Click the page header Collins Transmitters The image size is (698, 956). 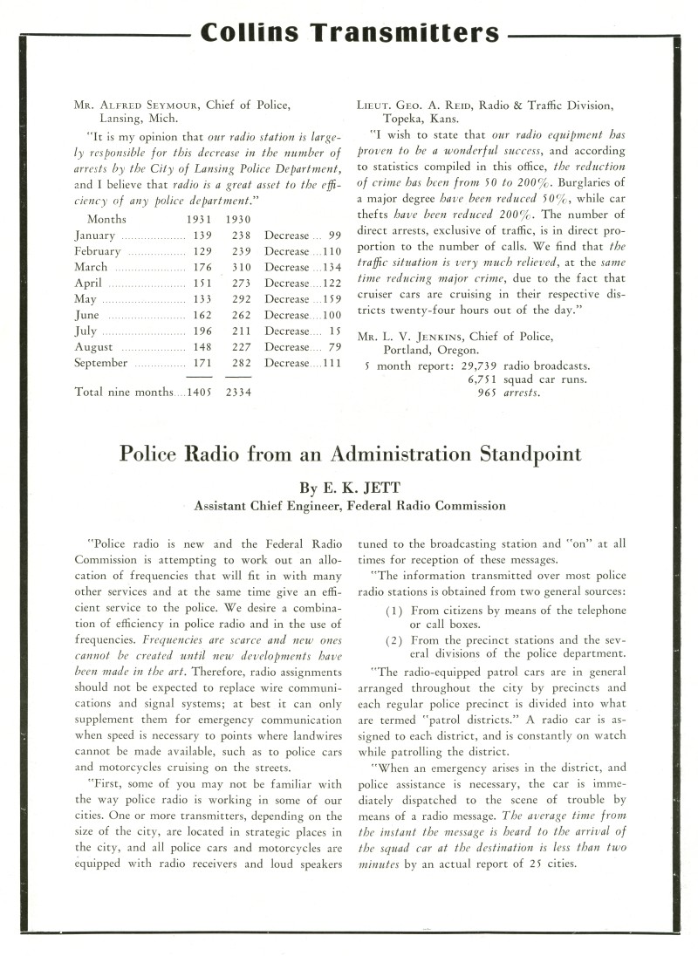pyautogui.click(x=349, y=33)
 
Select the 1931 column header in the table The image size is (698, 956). pyautogui.click(x=199, y=220)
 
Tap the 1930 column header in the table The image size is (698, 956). pyautogui.click(x=238, y=220)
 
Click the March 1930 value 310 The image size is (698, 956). pyautogui.click(x=238, y=267)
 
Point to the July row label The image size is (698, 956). pyautogui.click(x=86, y=331)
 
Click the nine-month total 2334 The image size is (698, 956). pyautogui.click(x=238, y=393)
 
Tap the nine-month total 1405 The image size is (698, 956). pyautogui.click(x=199, y=393)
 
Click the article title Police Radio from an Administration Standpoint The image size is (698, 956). pyautogui.click(x=349, y=454)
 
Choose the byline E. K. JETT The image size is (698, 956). pyautogui.click(x=349, y=487)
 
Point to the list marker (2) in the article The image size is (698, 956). pyautogui.click(x=393, y=641)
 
